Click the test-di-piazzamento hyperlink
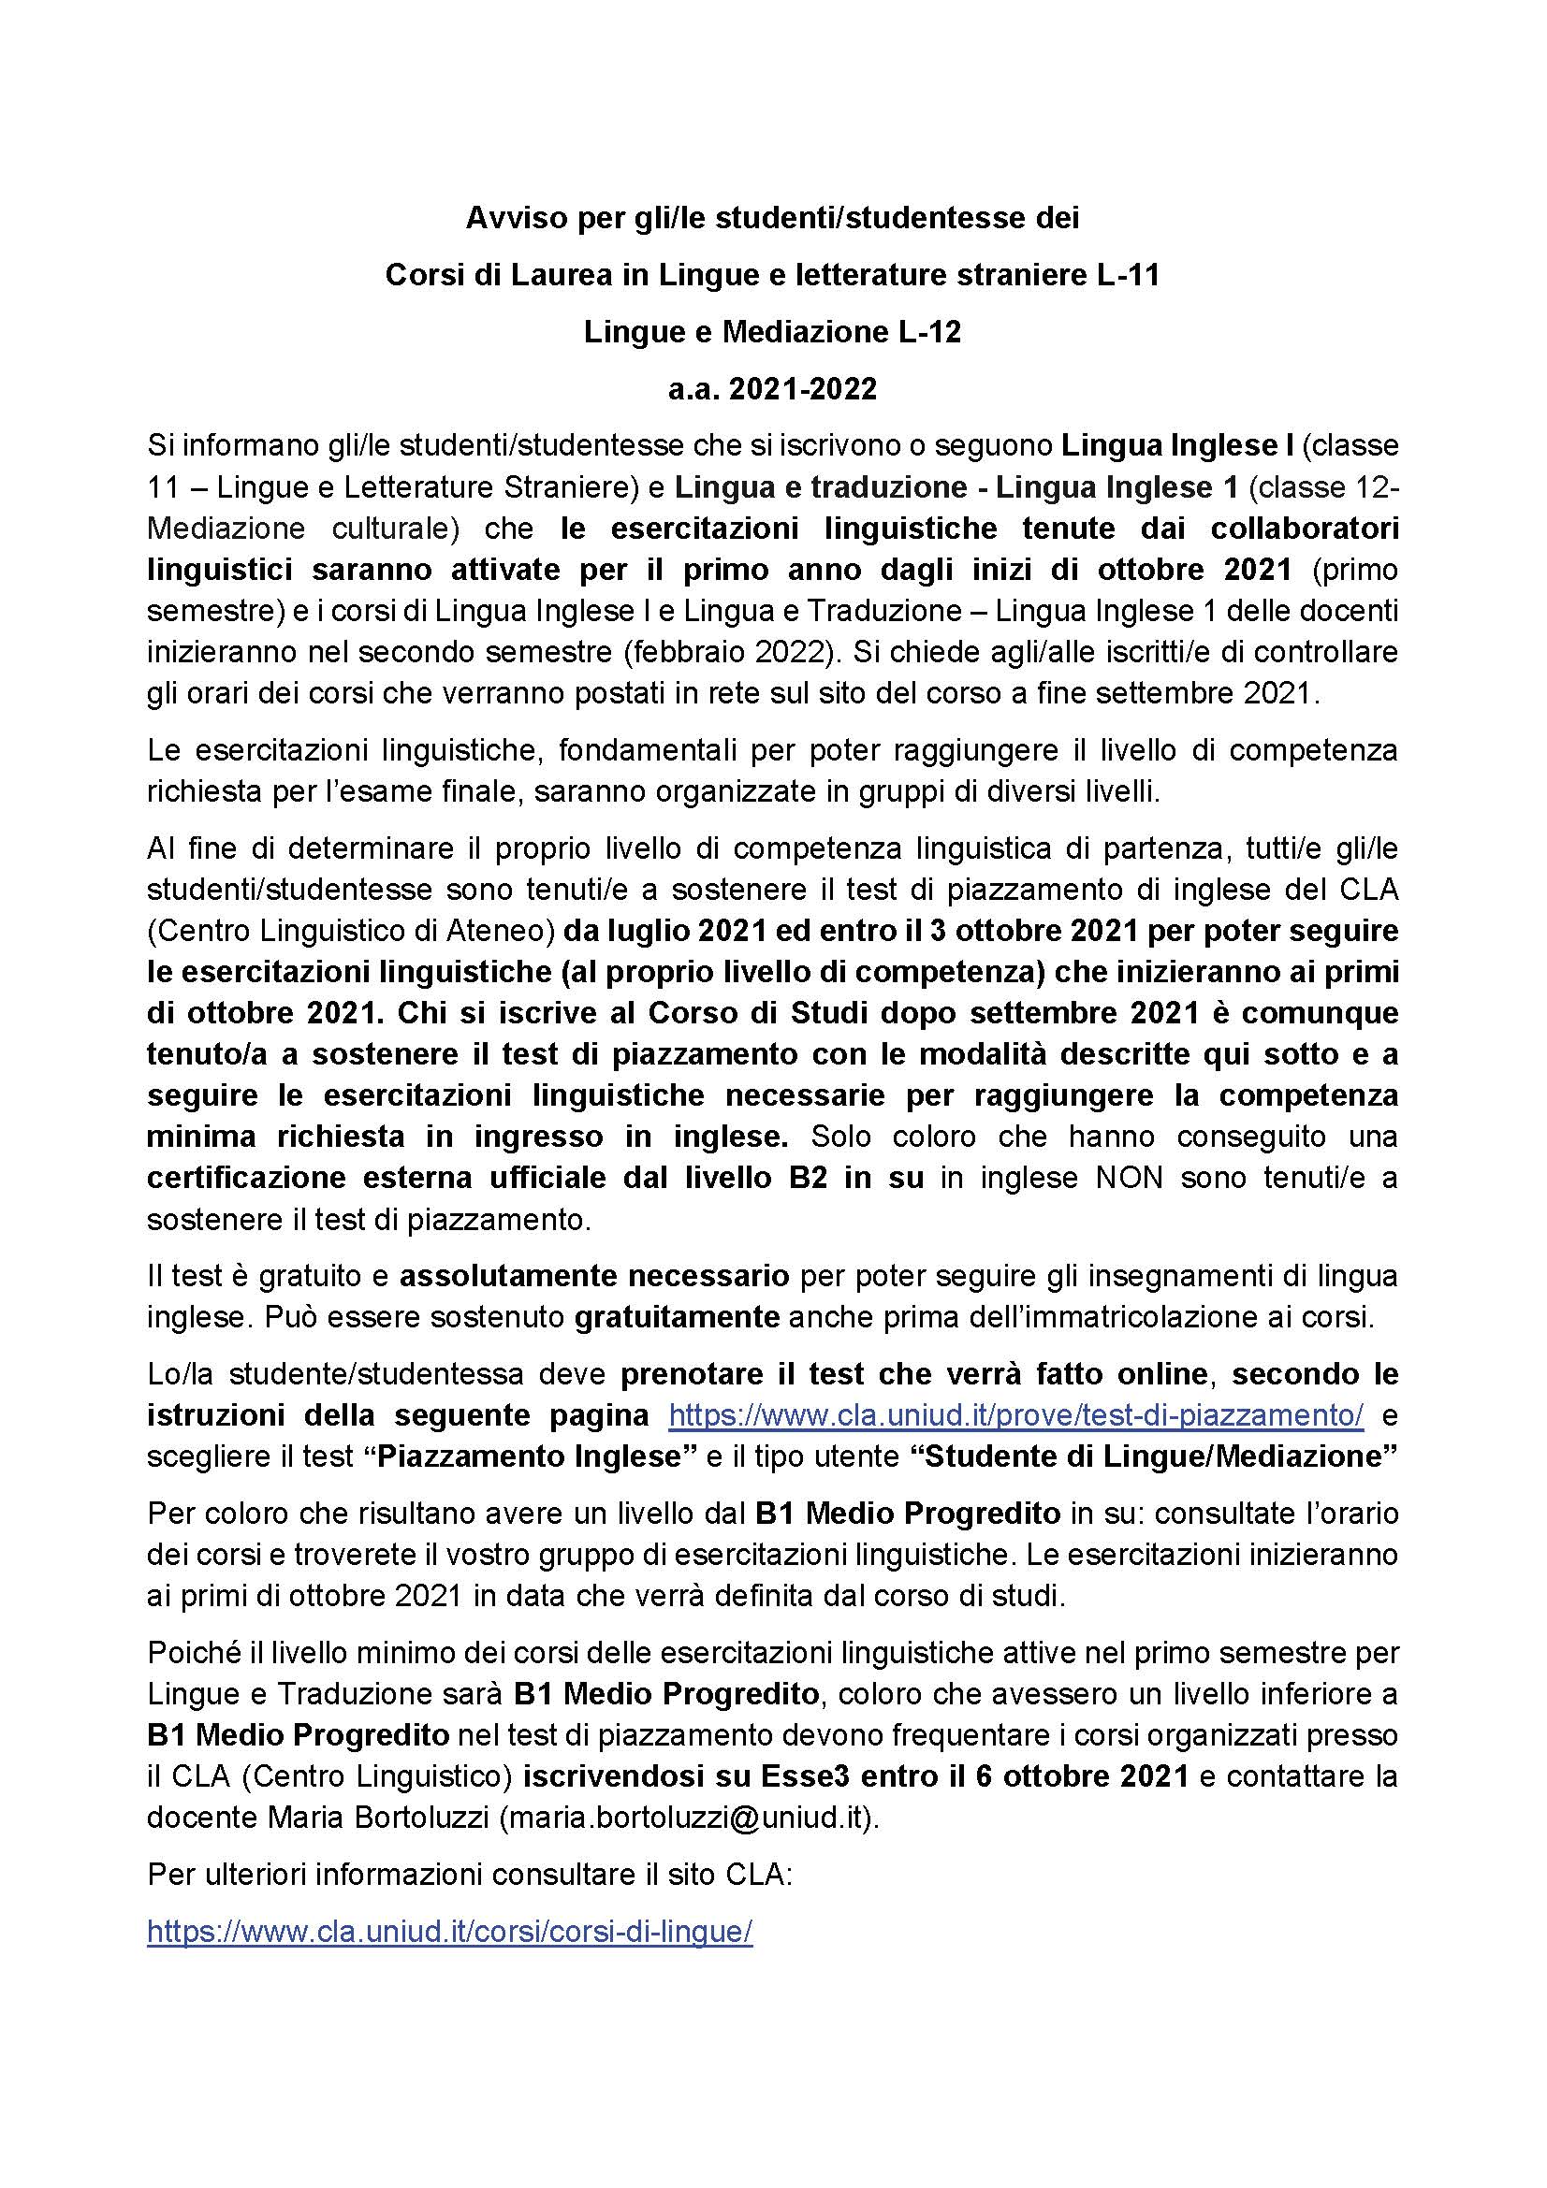[x=1016, y=1415]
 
